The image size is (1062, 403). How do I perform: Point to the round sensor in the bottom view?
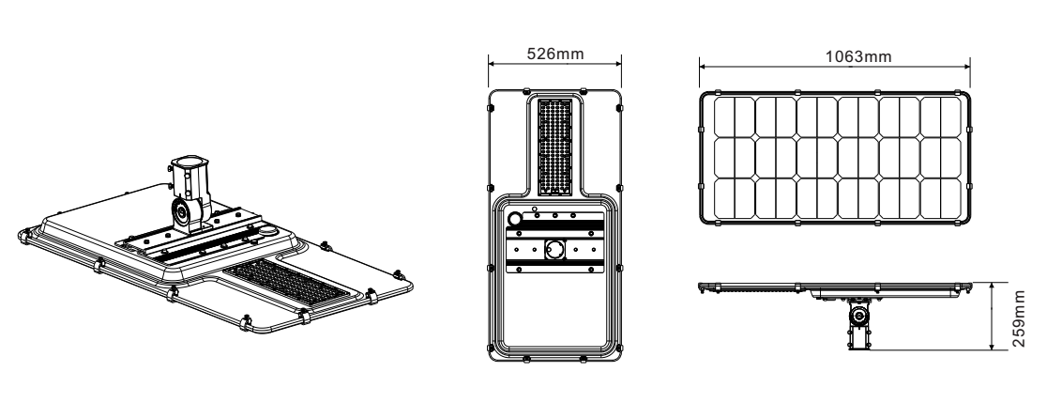(516, 219)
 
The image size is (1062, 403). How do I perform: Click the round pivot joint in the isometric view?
(181, 211)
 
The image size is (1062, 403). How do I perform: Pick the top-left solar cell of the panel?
(733, 117)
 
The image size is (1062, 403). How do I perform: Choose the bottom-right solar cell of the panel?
(941, 200)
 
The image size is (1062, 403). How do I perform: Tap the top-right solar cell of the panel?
(941, 117)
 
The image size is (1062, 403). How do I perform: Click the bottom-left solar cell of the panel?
(733, 200)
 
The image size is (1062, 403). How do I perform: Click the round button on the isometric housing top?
(269, 230)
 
